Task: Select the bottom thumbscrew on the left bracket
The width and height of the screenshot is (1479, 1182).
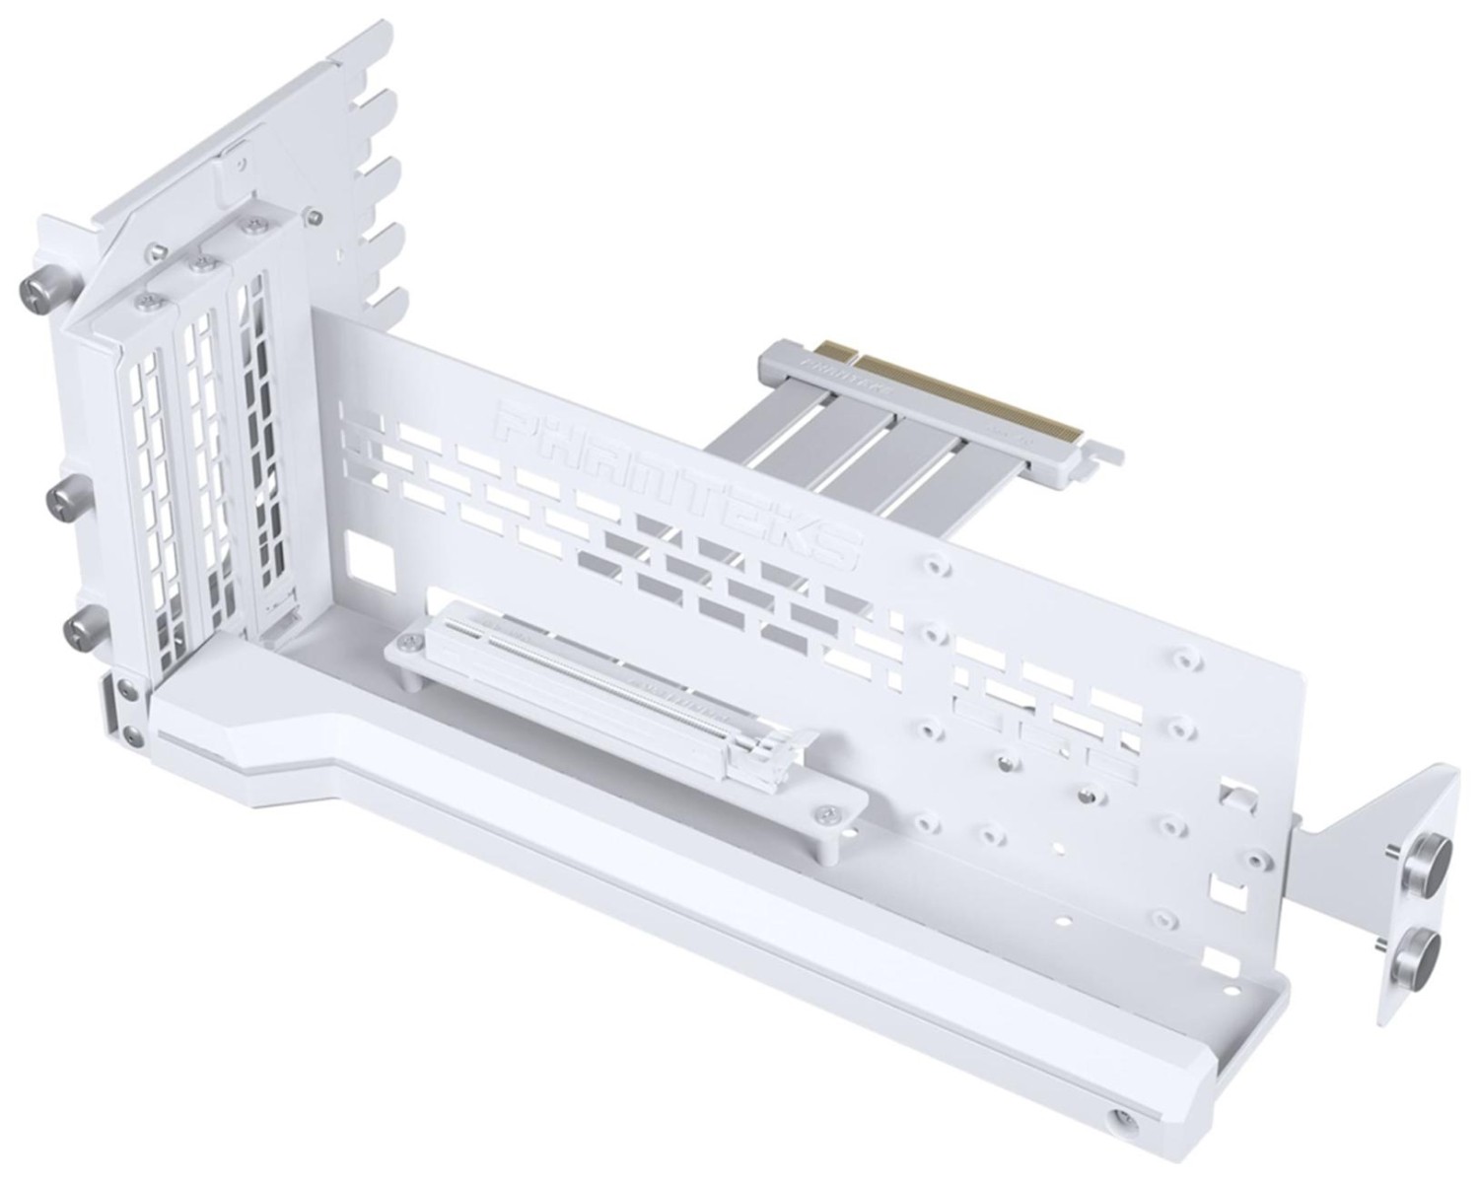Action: pos(79,629)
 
